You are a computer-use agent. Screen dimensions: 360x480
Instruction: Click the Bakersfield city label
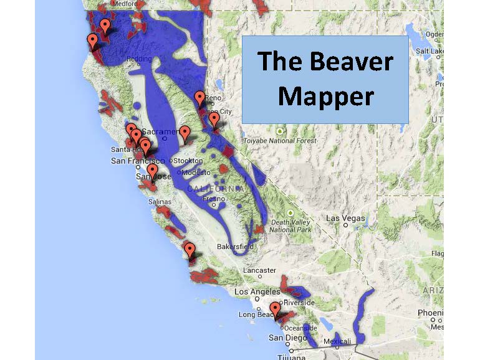coord(235,247)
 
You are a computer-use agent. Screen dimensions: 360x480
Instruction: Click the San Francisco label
coord(137,160)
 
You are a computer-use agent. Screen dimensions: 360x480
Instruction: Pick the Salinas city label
coord(160,202)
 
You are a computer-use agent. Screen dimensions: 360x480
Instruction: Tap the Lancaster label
coord(259,270)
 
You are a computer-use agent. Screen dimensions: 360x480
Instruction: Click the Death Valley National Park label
coord(290,226)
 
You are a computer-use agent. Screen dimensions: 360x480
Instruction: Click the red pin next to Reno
coord(199,98)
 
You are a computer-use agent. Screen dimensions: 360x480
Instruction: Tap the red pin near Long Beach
coord(275,309)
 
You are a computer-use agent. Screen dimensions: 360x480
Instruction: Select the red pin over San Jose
coord(152,171)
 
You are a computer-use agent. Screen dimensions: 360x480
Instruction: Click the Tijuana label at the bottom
coord(290,357)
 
